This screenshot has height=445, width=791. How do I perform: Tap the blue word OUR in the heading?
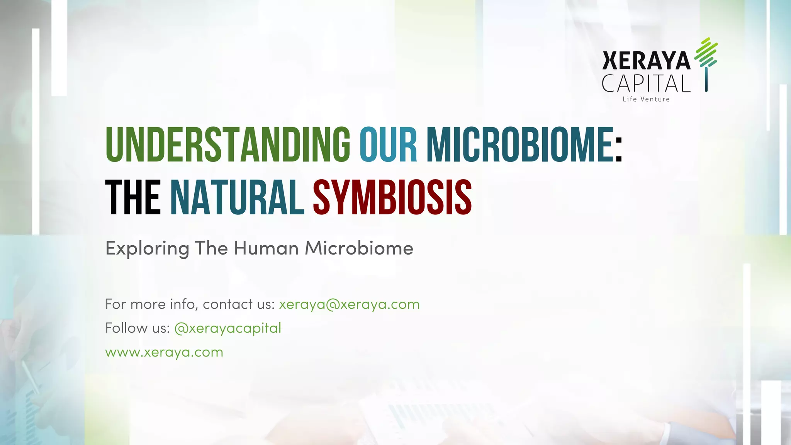(x=388, y=144)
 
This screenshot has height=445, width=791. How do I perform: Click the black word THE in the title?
(x=133, y=197)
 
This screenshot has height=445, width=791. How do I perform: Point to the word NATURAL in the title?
(x=237, y=197)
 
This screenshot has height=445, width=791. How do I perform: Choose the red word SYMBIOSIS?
(x=392, y=197)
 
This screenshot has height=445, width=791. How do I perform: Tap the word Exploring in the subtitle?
(x=147, y=248)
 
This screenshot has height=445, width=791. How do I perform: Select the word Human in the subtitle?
(x=266, y=248)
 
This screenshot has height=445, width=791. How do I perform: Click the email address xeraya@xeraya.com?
(x=349, y=304)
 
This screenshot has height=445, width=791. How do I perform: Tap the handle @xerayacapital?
(x=227, y=328)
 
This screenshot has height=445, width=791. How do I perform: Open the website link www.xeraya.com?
(x=164, y=352)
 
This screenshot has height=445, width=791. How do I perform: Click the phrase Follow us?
(x=137, y=328)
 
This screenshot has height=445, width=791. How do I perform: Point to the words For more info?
(x=151, y=304)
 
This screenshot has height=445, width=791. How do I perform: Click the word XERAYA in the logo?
(x=646, y=61)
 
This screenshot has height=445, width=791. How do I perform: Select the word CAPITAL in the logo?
(x=646, y=83)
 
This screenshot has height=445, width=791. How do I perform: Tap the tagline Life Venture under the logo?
(x=646, y=99)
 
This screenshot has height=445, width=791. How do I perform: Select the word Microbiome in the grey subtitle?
(x=359, y=248)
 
